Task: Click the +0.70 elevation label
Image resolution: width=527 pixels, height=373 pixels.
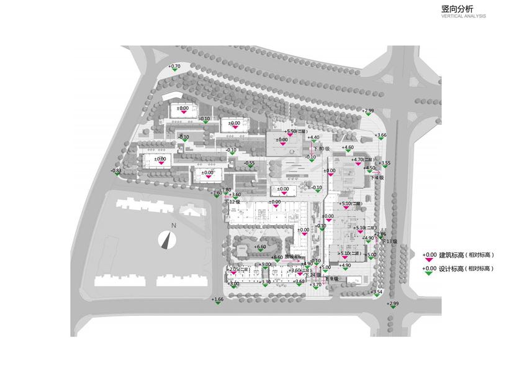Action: tap(174, 67)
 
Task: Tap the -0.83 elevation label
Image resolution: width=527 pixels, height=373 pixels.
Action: tap(116, 171)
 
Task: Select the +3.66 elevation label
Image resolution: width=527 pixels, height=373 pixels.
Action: tap(381, 135)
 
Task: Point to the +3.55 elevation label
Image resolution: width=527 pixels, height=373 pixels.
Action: tap(385, 163)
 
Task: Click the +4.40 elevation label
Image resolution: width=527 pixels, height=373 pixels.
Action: tap(313, 138)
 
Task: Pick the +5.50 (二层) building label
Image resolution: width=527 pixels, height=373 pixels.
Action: tap(296, 132)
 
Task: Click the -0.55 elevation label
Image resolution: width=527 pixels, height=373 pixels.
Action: tap(250, 163)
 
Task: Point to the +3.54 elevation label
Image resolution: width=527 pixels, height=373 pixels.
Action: tap(377, 292)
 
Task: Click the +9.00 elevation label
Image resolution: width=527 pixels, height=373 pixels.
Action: tap(266, 265)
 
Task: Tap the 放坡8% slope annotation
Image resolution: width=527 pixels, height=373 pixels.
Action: tap(293, 257)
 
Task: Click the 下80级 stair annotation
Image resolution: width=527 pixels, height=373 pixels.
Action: tap(322, 149)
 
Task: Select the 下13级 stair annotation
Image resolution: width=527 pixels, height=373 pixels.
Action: tap(389, 241)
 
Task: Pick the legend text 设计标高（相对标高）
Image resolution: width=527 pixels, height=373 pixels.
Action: tap(466, 269)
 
